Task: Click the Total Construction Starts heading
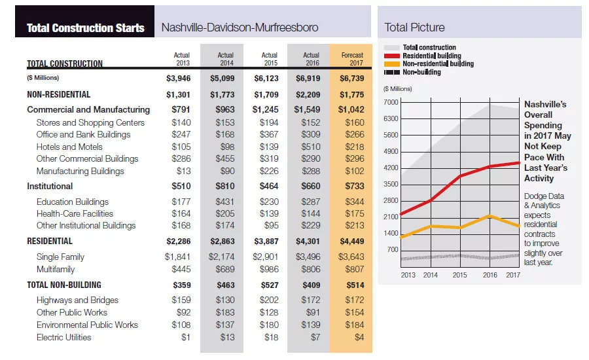pyautogui.click(x=85, y=27)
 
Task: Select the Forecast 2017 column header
pyautogui.click(x=352, y=59)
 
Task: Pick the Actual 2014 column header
pyautogui.click(x=225, y=59)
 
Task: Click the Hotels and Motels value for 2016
pyautogui.click(x=311, y=147)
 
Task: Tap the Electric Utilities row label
pyautogui.click(x=64, y=337)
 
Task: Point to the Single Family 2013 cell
pyautogui.click(x=177, y=257)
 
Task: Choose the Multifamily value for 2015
pyautogui.click(x=269, y=269)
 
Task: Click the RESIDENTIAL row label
pyautogui.click(x=50, y=241)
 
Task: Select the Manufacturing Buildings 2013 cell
pyautogui.click(x=184, y=171)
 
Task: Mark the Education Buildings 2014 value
pyautogui.click(x=225, y=202)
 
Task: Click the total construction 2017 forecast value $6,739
pyautogui.click(x=352, y=78)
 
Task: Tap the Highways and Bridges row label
pyautogui.click(x=77, y=300)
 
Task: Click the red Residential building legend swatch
pyautogui.click(x=392, y=56)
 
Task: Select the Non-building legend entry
pyautogui.click(x=412, y=72)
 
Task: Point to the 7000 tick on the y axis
pyautogui.click(x=391, y=102)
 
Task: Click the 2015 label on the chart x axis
pyautogui.click(x=460, y=275)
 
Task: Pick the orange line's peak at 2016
pyautogui.click(x=490, y=216)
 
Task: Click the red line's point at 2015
pyautogui.click(x=461, y=176)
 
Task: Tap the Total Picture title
pyautogui.click(x=414, y=27)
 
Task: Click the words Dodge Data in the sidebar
pyautogui.click(x=544, y=196)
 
